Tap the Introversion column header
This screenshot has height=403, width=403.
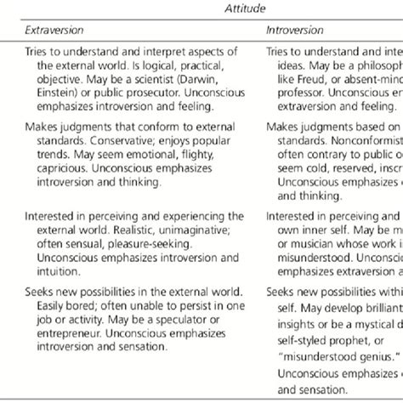pyautogui.click(x=294, y=30)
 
